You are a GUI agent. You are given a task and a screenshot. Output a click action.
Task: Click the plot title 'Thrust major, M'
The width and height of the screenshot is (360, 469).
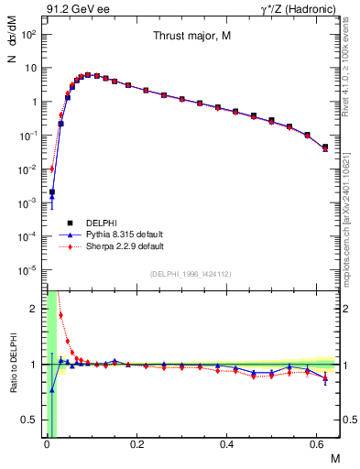[x=191, y=37]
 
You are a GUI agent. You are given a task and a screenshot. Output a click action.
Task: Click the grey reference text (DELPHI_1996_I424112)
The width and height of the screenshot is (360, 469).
[x=191, y=274]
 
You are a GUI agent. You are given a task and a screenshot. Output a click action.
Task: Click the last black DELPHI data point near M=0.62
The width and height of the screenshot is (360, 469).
[x=325, y=147]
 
